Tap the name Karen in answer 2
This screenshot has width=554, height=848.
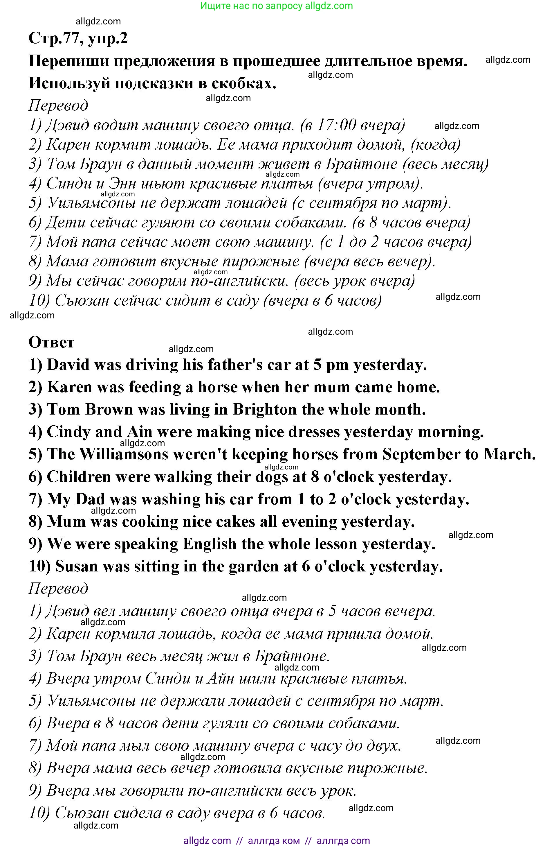tap(69, 387)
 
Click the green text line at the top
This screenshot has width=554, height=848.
tap(276, 6)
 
